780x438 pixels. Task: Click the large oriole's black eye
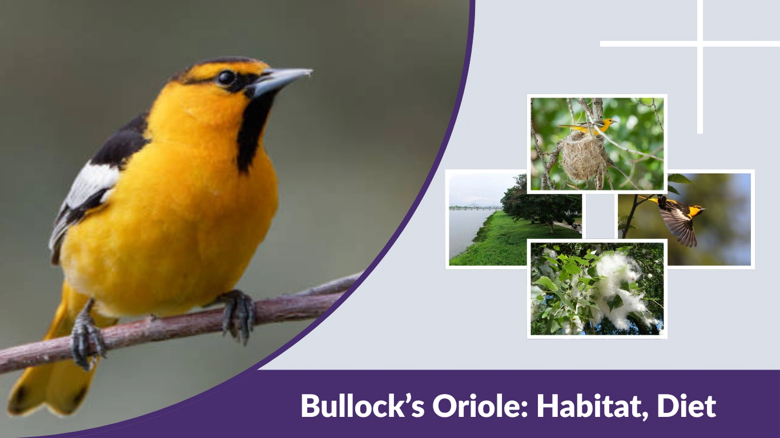pyautogui.click(x=226, y=78)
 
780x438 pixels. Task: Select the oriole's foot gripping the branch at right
pyautogui.click(x=239, y=313)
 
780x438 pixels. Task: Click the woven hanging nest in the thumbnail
pyautogui.click(x=582, y=157)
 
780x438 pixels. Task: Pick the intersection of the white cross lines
pyautogui.click(x=699, y=43)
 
